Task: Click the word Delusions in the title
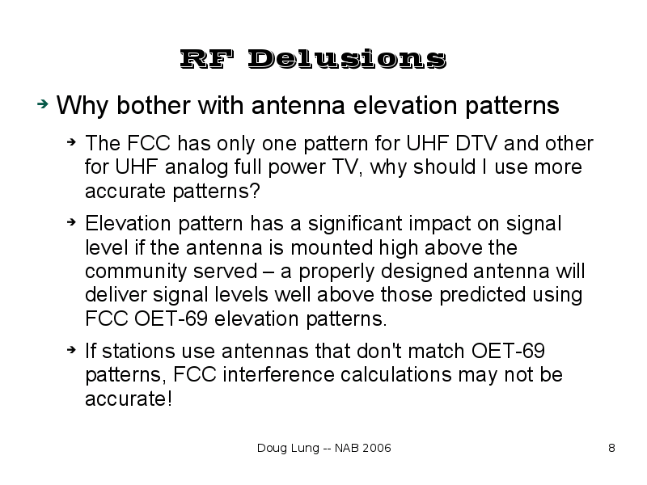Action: [x=347, y=59]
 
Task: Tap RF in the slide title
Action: [x=207, y=59]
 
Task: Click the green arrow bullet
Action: [x=43, y=104]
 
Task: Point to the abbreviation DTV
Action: [x=472, y=144]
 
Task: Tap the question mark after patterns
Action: [x=255, y=191]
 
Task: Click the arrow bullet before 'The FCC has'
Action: [x=71, y=142]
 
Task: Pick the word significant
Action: [x=355, y=224]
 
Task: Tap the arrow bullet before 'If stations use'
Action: [x=71, y=350]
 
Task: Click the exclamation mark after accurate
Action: [x=169, y=399]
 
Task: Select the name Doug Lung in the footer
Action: [x=288, y=449]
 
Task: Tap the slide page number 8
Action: [x=612, y=448]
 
